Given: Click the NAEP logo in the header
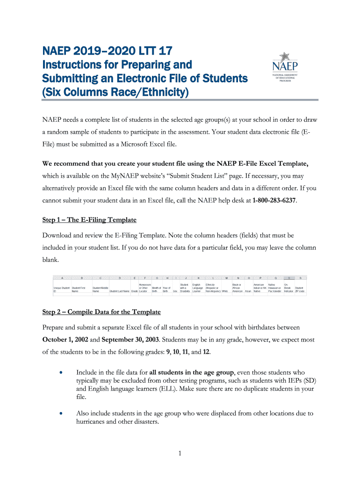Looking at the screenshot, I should click(288, 70).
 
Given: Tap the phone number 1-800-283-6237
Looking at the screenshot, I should click(274, 201).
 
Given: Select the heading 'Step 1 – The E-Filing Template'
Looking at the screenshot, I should click(89, 219).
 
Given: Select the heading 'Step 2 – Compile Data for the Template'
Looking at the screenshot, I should click(101, 312).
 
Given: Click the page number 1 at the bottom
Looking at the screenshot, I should click(180, 453).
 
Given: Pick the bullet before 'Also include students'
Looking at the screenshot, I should click(61, 414).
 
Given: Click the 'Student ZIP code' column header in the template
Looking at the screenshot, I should click(299, 290).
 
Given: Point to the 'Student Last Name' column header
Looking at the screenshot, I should click(119, 291).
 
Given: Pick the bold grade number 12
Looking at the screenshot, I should click(206, 352).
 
